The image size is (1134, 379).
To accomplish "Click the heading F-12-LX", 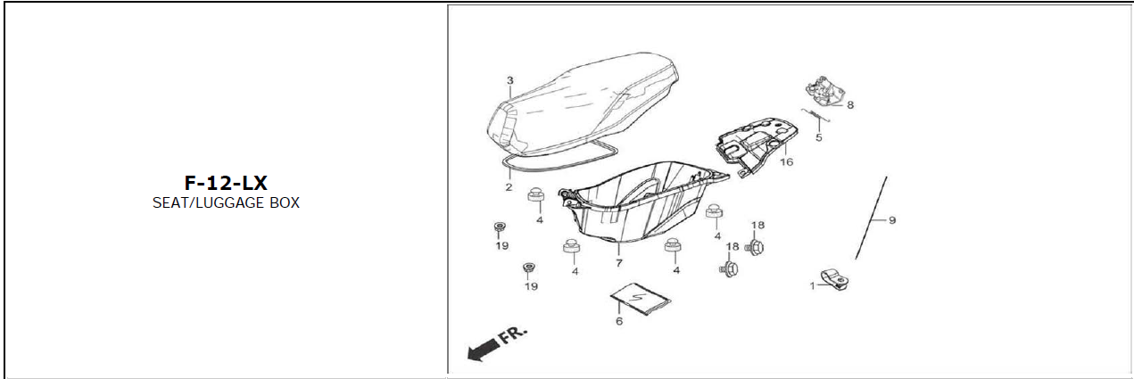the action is [x=226, y=183].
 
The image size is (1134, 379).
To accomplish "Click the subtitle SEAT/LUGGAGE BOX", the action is [x=226, y=203].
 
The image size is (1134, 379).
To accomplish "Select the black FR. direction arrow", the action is [x=483, y=350].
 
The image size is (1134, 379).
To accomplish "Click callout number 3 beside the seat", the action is [x=509, y=80].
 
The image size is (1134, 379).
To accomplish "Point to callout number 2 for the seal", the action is [x=509, y=187].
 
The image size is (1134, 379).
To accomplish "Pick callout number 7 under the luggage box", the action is [x=618, y=263].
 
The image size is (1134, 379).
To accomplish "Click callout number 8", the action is [x=850, y=104].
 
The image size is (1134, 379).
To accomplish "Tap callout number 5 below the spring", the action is [x=819, y=137].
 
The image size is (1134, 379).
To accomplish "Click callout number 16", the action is [x=786, y=162].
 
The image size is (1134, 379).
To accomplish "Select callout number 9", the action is [x=892, y=220].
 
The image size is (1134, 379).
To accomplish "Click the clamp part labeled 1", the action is [x=835, y=279].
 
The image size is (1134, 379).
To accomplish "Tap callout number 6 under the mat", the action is [x=619, y=321].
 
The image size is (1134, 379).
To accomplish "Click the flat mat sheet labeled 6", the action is [x=641, y=299].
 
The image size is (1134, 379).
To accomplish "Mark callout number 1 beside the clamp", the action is [x=812, y=286].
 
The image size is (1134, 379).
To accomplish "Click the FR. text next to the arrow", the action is [x=513, y=334].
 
